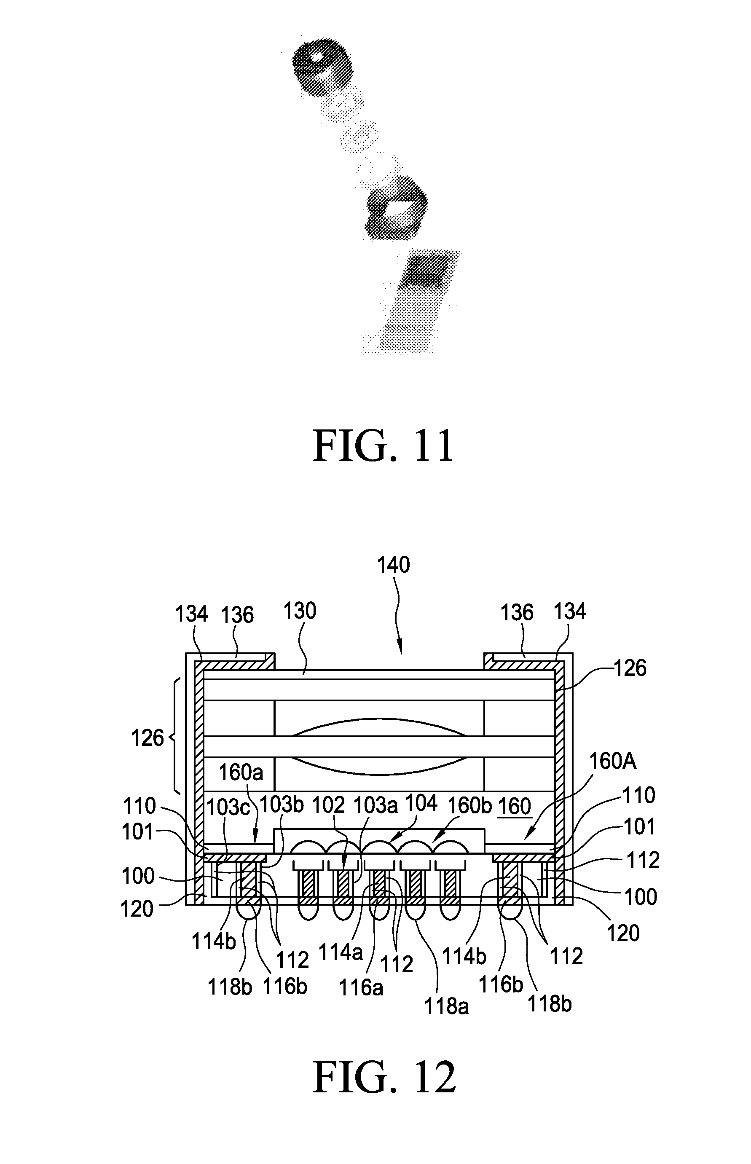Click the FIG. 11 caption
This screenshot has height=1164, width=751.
click(384, 446)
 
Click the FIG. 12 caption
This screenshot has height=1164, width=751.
click(384, 1077)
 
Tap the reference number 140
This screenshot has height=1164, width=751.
click(393, 565)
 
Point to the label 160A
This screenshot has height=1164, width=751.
click(612, 761)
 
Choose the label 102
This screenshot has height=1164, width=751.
click(328, 805)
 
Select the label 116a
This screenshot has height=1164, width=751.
click(361, 987)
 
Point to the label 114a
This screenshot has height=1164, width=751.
click(341, 952)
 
